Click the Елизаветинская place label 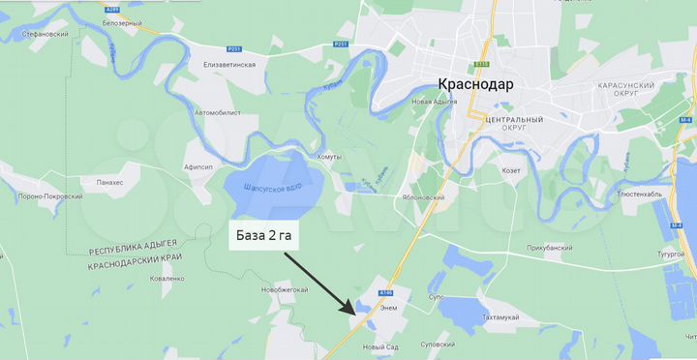tap(229, 64)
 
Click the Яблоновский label tap(422, 197)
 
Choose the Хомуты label tap(329, 157)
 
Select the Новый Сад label tap(380, 347)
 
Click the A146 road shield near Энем tap(388, 291)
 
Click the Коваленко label tap(167, 278)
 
